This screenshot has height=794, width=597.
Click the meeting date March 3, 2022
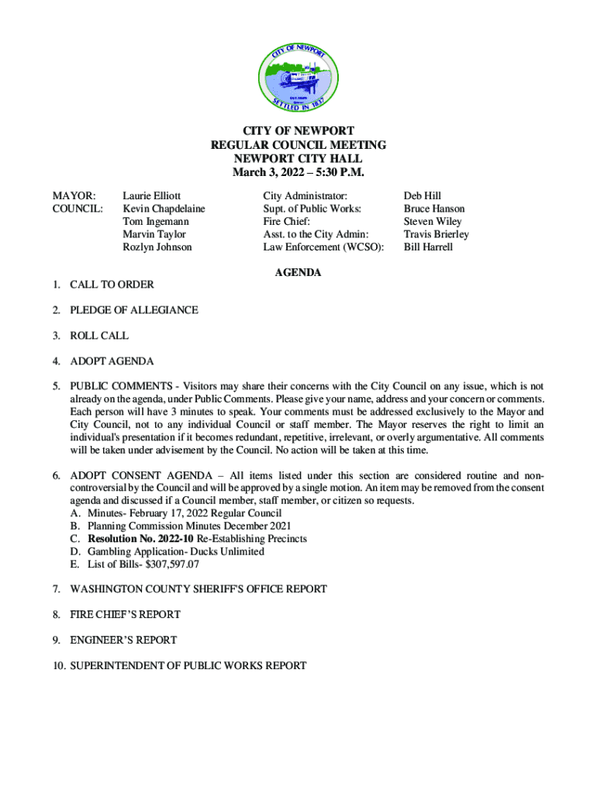click(x=267, y=171)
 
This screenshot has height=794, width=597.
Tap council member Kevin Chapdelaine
click(x=164, y=209)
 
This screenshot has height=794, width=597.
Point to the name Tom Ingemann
click(x=156, y=222)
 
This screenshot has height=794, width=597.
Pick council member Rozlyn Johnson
click(x=157, y=247)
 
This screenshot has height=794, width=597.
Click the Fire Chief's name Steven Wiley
click(x=433, y=222)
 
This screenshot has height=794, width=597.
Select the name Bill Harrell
click(x=428, y=247)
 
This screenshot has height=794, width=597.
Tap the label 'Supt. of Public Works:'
click(x=312, y=209)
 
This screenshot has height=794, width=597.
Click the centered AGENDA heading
click(x=298, y=273)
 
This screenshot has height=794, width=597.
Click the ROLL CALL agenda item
click(x=99, y=336)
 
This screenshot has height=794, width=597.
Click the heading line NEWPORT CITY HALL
click(x=298, y=158)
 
